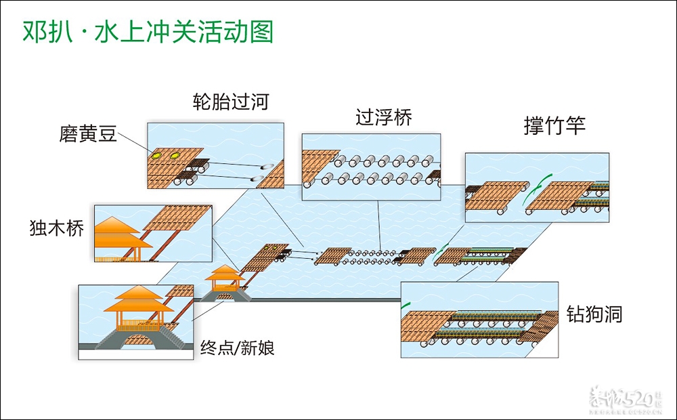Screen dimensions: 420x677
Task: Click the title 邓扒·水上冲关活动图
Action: [148, 31]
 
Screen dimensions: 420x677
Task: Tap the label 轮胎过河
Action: [231, 102]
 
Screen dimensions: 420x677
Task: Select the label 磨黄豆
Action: [88, 135]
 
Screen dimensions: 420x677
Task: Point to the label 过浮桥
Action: [384, 117]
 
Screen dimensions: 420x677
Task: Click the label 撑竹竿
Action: [554, 126]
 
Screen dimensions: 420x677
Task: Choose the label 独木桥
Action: [57, 228]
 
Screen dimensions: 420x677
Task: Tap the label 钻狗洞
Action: [594, 314]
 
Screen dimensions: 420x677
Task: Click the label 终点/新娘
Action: [238, 350]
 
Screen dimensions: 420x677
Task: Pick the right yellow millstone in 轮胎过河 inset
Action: [175, 156]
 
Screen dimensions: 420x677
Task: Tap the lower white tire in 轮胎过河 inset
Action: [259, 178]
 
